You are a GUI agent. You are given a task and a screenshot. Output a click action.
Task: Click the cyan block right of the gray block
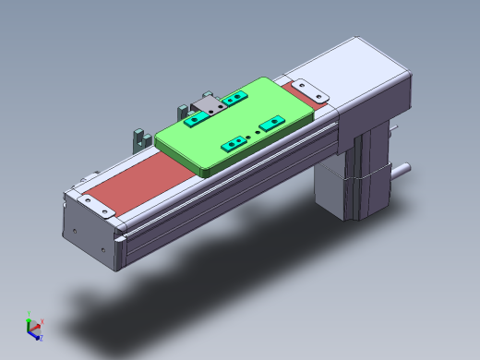pos(235,97)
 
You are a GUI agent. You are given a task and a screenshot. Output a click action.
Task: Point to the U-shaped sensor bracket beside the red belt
pos(140,138)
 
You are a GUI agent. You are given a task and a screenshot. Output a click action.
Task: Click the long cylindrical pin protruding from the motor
pos(401,170)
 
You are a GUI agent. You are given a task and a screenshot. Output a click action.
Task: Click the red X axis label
pos(43,322)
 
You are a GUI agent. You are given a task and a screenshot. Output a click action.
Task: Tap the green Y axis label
pos(30,312)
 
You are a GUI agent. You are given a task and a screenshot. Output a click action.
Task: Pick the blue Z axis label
pos(41,340)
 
